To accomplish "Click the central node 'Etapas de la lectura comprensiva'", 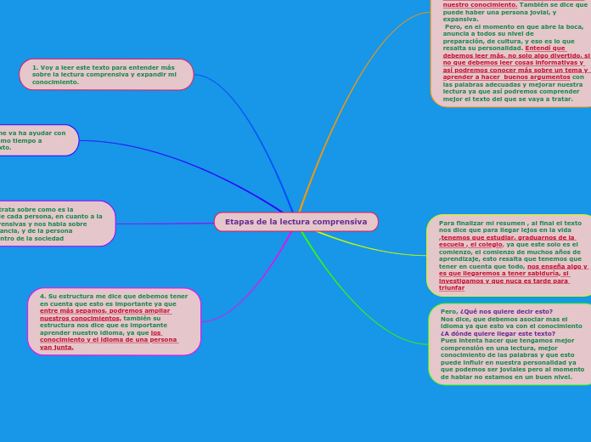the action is point(295,222).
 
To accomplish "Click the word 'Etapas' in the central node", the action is point(239,222).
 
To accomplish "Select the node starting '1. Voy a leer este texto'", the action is point(106,75).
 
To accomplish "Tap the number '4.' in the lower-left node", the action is point(43,297).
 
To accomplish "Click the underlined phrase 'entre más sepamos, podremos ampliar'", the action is point(105,311).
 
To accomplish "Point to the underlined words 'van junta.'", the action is point(57,347).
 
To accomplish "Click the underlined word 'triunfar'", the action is point(452,288).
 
